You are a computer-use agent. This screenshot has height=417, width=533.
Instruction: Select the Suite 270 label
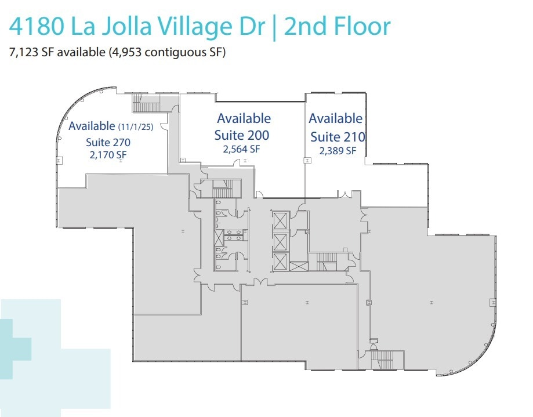pyautogui.click(x=108, y=142)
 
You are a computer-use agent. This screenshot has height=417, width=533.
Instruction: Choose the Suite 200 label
pyautogui.click(x=242, y=135)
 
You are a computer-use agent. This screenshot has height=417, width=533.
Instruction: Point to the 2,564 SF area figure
pyautogui.click(x=242, y=149)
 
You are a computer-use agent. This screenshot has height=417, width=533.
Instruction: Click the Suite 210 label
pyautogui.click(x=338, y=137)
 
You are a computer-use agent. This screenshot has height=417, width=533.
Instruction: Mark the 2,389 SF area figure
pyautogui.click(x=338, y=150)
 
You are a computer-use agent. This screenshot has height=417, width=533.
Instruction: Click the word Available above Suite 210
pyautogui.click(x=335, y=118)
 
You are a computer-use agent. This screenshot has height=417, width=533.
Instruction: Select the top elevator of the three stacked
pyautogui.click(x=280, y=220)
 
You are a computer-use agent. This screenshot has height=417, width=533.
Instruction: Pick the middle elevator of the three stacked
pyautogui.click(x=280, y=241)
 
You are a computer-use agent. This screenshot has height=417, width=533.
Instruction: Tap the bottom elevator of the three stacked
pyautogui.click(x=280, y=262)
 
